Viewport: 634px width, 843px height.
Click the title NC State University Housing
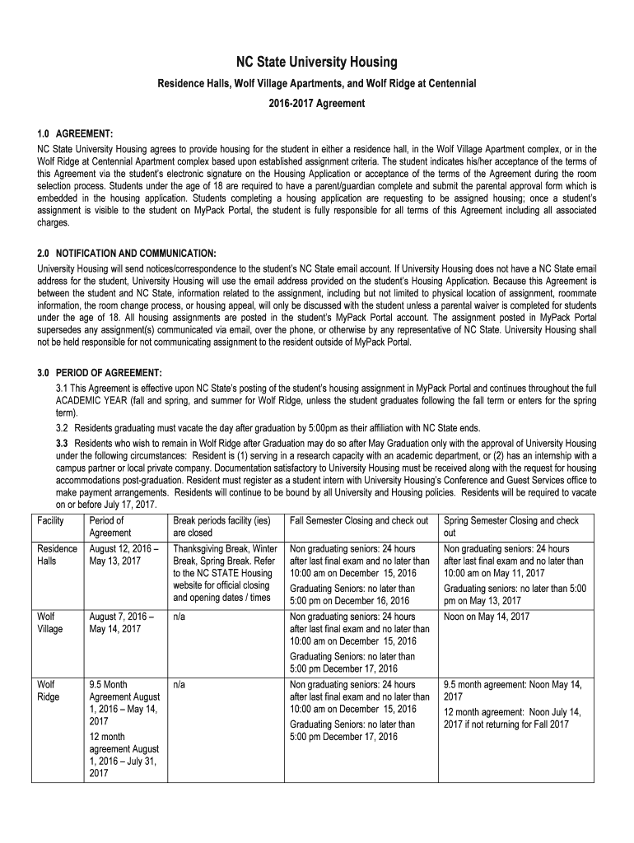tap(317, 63)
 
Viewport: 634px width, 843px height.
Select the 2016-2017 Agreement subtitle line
tap(317, 104)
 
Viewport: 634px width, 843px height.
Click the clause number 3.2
tap(62, 428)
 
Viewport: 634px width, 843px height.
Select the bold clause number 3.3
tap(62, 444)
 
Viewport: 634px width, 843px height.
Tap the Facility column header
tap(51, 521)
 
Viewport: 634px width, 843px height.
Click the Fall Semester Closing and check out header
tap(359, 521)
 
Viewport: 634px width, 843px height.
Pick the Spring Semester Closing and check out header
tap(510, 527)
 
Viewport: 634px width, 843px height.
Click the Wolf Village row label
tap(50, 622)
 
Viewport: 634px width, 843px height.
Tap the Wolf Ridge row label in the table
tap(49, 691)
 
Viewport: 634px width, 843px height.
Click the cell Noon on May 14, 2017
tap(487, 617)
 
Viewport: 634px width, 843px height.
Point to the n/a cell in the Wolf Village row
tap(179, 617)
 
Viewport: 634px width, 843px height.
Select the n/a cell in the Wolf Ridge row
tap(179, 685)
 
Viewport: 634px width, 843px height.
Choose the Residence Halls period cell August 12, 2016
tap(124, 556)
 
